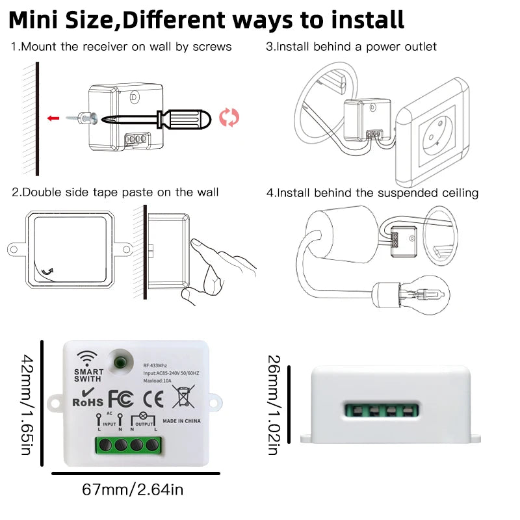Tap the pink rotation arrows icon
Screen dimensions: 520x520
click(229, 118)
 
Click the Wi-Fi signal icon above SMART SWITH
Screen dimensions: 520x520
click(86, 358)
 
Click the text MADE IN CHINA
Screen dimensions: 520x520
click(181, 421)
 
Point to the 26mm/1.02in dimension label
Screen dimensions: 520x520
click(274, 405)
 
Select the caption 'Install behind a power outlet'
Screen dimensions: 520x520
click(351, 47)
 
